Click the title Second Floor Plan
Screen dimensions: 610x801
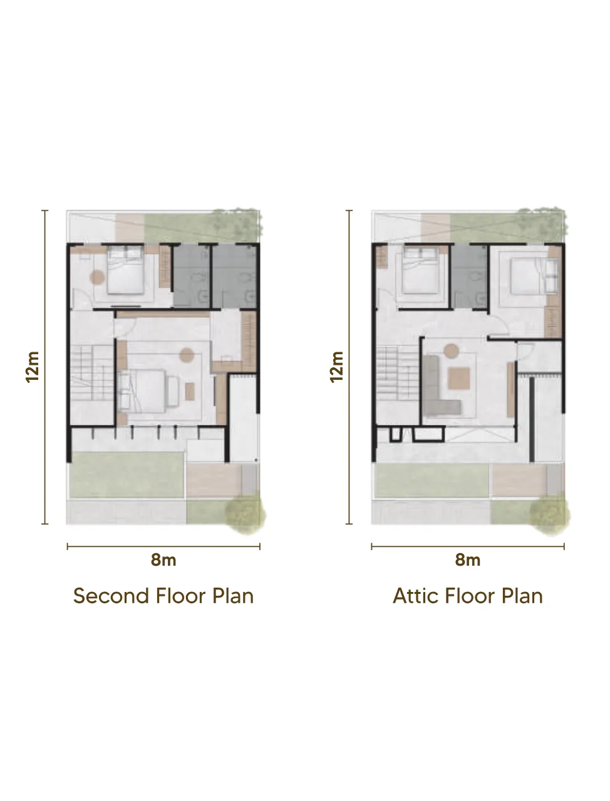(x=163, y=596)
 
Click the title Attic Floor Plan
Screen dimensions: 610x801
(x=468, y=596)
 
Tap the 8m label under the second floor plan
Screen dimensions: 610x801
(x=163, y=560)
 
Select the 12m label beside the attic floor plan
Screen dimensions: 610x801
(x=336, y=367)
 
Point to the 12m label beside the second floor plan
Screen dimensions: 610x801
(x=32, y=367)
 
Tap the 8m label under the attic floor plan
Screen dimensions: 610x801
(x=468, y=560)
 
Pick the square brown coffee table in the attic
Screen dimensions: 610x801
(x=459, y=379)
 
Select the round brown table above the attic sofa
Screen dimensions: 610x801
(x=451, y=350)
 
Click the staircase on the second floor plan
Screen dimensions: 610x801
(x=91, y=373)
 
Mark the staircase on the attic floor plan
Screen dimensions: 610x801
(x=398, y=373)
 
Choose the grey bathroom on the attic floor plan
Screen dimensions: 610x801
(x=470, y=276)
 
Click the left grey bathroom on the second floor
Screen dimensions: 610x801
(x=191, y=276)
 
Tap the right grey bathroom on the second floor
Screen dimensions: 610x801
(x=234, y=276)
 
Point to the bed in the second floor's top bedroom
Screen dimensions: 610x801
(x=125, y=270)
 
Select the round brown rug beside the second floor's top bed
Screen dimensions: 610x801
(x=97, y=277)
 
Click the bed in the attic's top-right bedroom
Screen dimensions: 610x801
(x=534, y=276)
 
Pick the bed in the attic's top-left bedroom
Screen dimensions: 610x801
(x=420, y=270)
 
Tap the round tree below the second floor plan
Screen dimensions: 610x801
(x=246, y=514)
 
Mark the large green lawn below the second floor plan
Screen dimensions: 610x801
(x=127, y=475)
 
